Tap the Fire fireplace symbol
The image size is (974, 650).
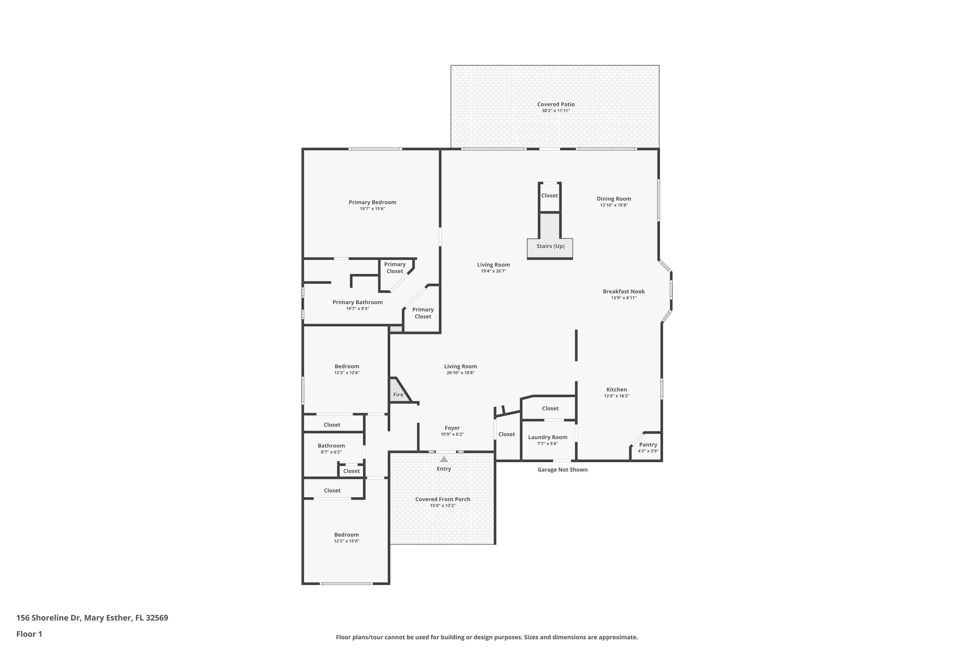click(398, 394)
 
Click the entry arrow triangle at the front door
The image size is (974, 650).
click(443, 459)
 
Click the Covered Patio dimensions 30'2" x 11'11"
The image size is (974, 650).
click(556, 111)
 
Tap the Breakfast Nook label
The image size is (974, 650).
click(624, 292)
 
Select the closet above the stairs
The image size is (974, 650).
click(550, 195)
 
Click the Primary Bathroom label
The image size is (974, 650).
click(357, 302)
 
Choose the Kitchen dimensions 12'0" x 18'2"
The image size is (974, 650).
click(616, 396)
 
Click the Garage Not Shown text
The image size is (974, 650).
click(562, 470)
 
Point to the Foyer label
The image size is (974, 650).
click(452, 428)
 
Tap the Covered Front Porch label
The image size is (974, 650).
click(443, 499)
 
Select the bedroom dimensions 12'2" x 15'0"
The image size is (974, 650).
click(347, 541)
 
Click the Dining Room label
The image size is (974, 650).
click(614, 199)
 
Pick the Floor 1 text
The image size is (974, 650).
click(29, 634)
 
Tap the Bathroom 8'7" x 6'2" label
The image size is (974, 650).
click(331, 446)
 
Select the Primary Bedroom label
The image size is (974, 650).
click(372, 202)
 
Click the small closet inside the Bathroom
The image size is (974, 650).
click(351, 471)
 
